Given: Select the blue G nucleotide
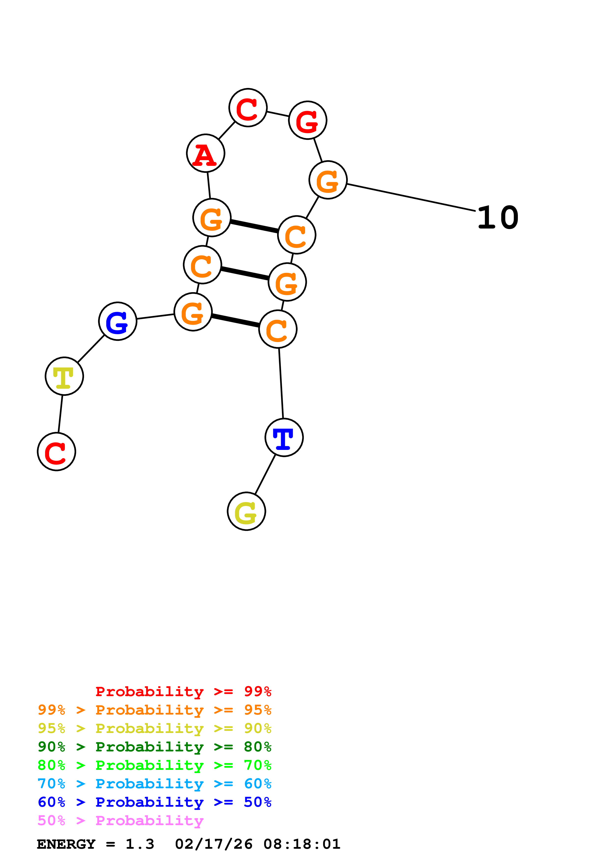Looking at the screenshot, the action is pyautogui.click(x=118, y=321).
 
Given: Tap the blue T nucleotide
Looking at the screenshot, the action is pyautogui.click(x=284, y=437).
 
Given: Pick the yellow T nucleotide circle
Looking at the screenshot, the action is pyautogui.click(x=64, y=376).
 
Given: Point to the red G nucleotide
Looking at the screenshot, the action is pyautogui.click(x=308, y=120).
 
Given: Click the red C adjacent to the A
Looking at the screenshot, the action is pyautogui.click(x=248, y=108).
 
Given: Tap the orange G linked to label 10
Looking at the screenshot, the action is pyautogui.click(x=328, y=180).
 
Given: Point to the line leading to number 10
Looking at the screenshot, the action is pyautogui.click(x=411, y=197).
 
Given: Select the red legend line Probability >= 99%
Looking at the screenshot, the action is pyautogui.click(x=183, y=691).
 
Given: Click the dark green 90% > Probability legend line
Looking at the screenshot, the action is pyautogui.click(x=154, y=747).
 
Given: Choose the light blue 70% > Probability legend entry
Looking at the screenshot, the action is pyautogui.click(x=154, y=784).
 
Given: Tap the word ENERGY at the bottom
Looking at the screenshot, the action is pyautogui.click(x=66, y=844).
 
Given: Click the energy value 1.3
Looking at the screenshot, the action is pyautogui.click(x=140, y=844).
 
